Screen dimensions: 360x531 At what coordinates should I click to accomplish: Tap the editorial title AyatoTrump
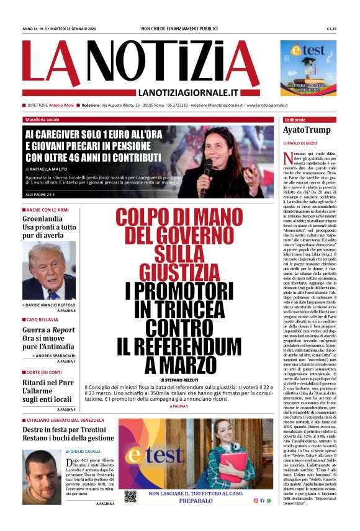[307, 130]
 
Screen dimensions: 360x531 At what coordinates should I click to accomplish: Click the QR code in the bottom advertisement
[129, 496]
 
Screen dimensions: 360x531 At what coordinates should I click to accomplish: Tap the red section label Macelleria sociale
[42, 119]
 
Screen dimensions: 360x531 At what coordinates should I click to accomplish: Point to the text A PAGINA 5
[176, 406]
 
